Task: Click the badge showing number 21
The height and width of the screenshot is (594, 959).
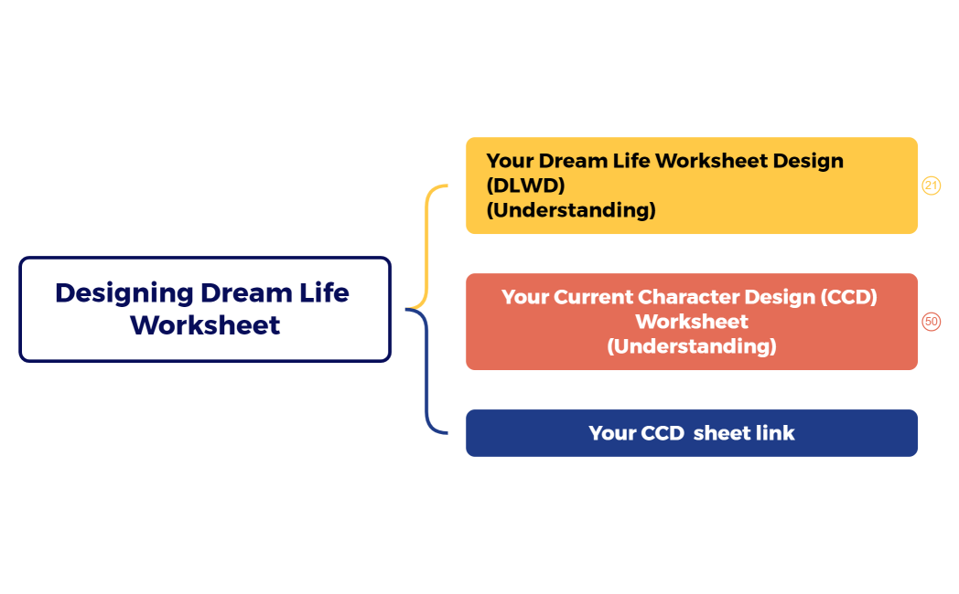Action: point(931,186)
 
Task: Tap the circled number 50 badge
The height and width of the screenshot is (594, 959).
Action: point(931,322)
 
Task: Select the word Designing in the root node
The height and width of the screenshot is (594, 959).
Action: point(124,293)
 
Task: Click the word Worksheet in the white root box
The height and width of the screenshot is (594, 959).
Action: point(205,325)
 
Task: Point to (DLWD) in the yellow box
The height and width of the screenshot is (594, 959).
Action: point(525,186)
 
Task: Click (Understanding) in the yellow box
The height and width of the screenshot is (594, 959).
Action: point(571,210)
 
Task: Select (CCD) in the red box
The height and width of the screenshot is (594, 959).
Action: point(849,298)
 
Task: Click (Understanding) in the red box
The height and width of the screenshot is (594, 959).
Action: point(692,346)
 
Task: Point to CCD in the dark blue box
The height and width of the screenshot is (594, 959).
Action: point(662,433)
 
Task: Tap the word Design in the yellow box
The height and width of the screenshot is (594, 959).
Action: point(808,161)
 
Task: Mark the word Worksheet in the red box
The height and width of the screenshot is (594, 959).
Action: point(692,322)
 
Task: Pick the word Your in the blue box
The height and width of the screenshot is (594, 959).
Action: point(612,433)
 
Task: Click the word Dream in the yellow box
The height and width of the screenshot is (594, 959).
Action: point(573,161)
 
